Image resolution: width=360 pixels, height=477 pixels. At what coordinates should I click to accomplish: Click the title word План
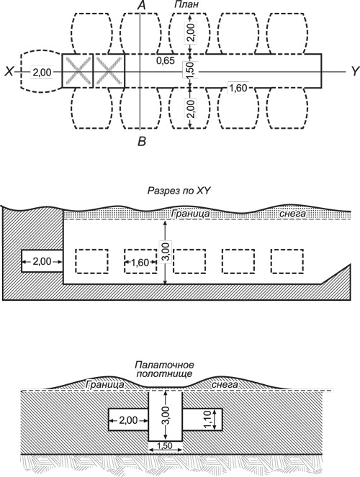186,4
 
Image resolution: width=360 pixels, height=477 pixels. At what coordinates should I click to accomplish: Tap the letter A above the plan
141,5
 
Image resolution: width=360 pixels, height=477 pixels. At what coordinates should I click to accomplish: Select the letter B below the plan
142,142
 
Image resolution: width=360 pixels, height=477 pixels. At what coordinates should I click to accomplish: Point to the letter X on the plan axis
9,72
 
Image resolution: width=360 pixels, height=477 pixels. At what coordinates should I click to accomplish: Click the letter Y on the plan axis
355,72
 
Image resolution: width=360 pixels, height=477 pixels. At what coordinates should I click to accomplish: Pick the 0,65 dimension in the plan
166,60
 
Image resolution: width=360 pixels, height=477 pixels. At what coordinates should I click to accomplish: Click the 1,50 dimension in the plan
190,71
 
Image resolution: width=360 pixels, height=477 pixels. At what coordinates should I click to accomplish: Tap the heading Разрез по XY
179,191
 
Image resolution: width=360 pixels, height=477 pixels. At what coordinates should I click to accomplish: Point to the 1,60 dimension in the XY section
140,262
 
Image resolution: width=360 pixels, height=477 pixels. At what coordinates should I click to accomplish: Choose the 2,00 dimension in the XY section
42,261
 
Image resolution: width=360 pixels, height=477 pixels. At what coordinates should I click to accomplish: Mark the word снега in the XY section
292,214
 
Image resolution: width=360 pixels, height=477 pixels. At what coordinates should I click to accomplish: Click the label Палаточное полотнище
164,369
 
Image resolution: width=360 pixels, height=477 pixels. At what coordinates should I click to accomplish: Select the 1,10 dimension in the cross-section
208,419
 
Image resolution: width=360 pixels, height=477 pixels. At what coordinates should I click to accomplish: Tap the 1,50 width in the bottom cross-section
165,446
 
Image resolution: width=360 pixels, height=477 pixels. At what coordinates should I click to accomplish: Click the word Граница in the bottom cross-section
105,384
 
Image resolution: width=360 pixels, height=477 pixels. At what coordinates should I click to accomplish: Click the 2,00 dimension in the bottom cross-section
128,421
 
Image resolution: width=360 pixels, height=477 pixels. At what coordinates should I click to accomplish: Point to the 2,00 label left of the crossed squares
42,72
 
